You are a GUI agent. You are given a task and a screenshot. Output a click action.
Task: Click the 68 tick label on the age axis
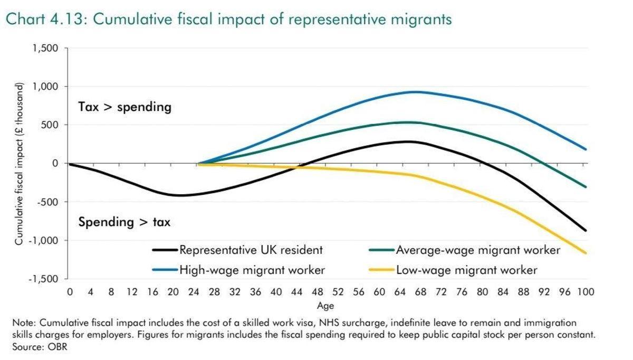420,292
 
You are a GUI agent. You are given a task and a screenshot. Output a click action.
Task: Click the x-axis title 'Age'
325,306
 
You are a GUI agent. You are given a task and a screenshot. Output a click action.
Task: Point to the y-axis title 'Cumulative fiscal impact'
19,164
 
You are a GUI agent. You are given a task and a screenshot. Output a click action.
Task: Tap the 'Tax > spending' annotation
124,107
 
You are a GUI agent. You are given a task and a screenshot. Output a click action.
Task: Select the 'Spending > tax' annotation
124,222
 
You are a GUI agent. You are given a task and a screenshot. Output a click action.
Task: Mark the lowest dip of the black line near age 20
179,195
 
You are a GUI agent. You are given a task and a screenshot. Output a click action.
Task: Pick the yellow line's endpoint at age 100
585,253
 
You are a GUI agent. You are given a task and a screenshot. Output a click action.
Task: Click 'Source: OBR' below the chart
40,347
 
